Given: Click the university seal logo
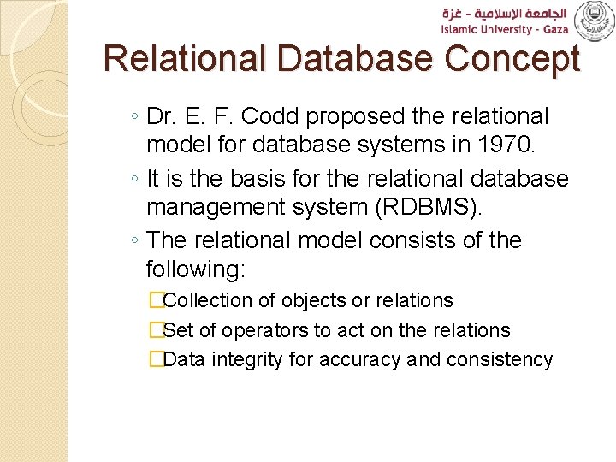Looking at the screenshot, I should click(594, 21).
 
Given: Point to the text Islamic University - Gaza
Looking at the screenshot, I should click(505, 29).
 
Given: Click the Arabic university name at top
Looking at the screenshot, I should click(505, 13).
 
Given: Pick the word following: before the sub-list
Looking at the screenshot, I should click(196, 270).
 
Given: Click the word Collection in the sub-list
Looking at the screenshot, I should click(208, 300).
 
